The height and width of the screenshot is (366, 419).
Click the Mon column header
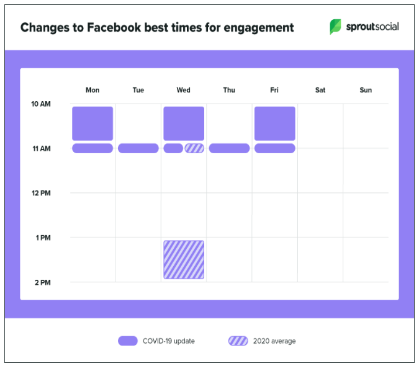(x=92, y=90)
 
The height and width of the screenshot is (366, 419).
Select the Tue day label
(x=138, y=90)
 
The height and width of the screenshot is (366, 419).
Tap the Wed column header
(x=183, y=90)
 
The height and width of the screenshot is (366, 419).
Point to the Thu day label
(x=229, y=90)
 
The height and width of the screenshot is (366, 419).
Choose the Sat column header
(x=320, y=90)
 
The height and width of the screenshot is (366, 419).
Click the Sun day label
(x=366, y=90)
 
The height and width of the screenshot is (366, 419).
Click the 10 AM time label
(x=41, y=104)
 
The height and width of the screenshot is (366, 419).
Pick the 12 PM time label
(x=41, y=193)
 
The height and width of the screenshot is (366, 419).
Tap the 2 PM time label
(x=42, y=282)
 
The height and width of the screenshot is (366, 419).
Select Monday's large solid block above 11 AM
(x=92, y=123)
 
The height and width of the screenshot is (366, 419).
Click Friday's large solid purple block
(x=274, y=123)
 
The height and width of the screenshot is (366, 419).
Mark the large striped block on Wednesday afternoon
(x=184, y=259)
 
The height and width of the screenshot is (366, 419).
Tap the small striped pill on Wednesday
(x=194, y=148)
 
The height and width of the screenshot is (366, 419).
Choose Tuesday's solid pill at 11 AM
(x=138, y=148)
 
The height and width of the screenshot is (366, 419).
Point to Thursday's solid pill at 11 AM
(x=229, y=148)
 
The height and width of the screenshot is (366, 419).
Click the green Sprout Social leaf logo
(x=335, y=27)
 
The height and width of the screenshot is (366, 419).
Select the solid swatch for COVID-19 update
(x=127, y=341)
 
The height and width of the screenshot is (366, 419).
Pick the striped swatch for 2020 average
(x=238, y=341)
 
